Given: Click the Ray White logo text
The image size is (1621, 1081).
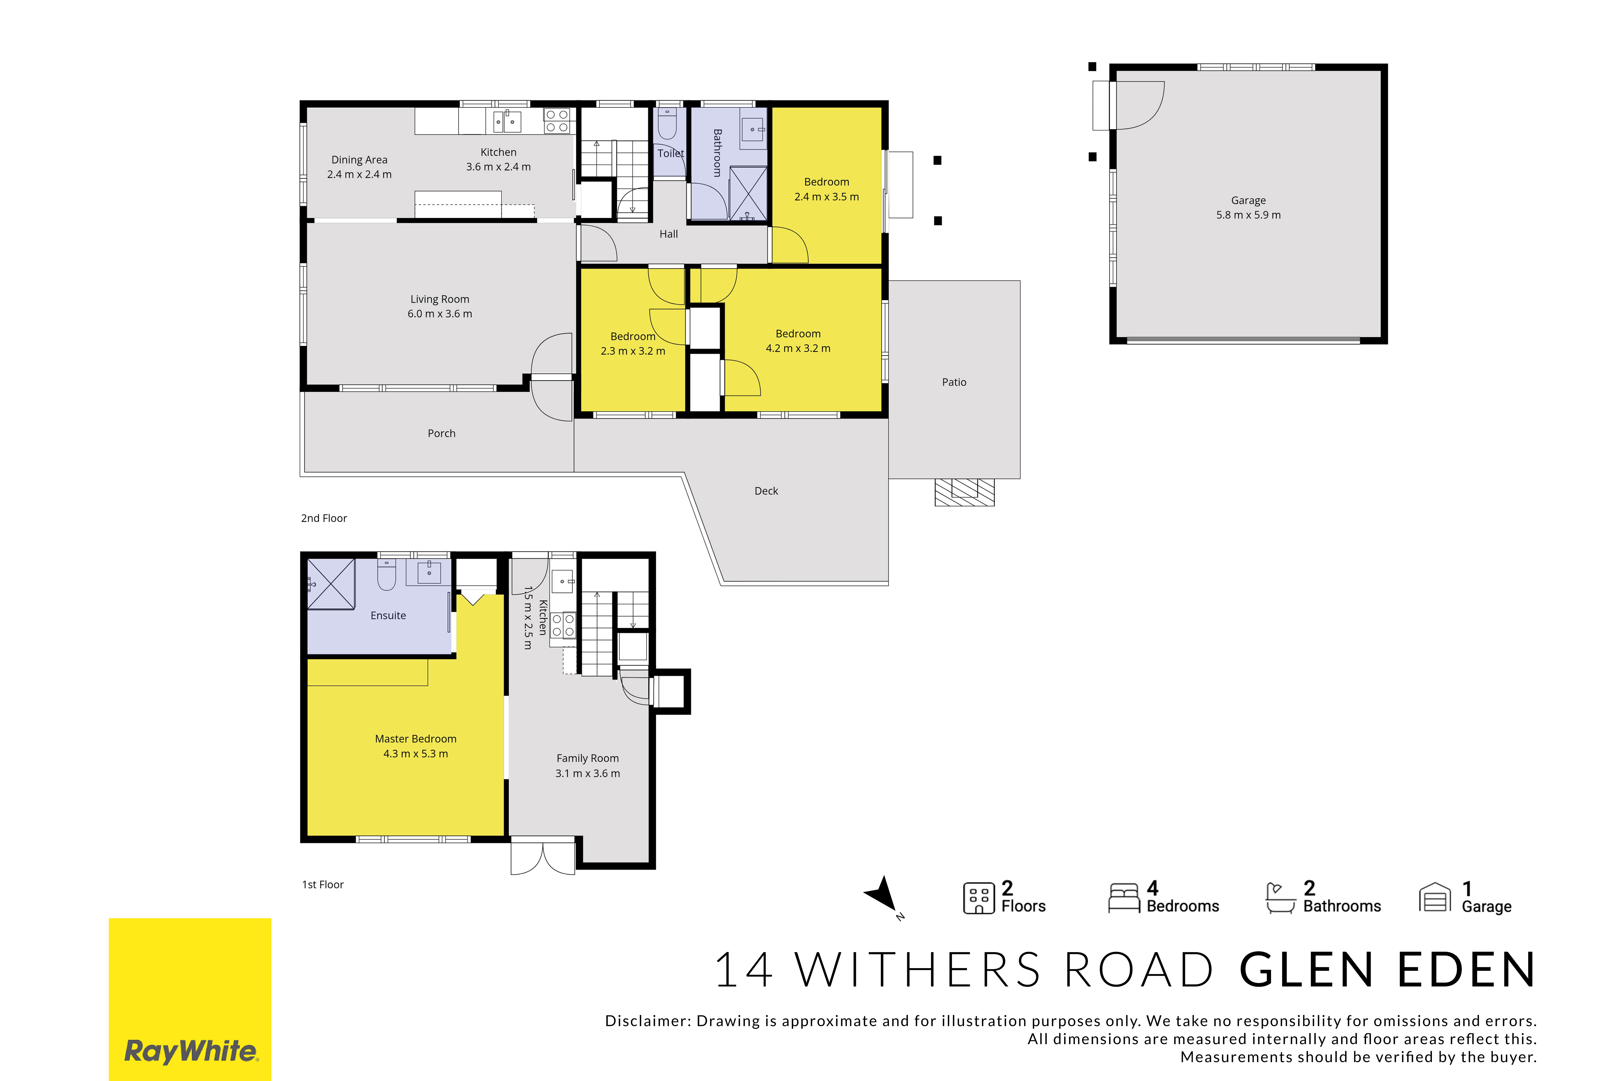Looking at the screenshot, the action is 191,1051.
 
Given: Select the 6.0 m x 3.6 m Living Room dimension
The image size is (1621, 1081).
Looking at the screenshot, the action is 440,314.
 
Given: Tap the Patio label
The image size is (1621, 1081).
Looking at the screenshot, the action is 954,382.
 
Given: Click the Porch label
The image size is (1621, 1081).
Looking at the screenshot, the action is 441,433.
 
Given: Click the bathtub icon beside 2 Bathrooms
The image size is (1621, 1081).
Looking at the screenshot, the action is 1281,898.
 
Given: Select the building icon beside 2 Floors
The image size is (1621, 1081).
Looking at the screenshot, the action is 979,898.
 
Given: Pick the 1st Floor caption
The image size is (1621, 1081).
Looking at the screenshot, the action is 323,885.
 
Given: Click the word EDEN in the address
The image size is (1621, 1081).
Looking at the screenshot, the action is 1467,970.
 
